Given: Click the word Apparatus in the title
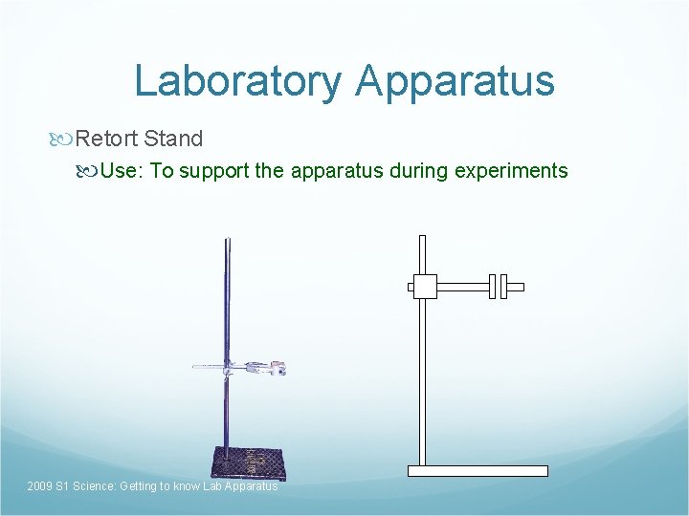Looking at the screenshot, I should (455, 81).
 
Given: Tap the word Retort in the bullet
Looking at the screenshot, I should (107, 139).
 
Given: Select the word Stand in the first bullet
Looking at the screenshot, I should (173, 139).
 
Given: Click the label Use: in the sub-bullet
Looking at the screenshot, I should (122, 171).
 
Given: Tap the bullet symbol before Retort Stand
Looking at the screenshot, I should (63, 139).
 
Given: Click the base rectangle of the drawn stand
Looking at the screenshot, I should (478, 471).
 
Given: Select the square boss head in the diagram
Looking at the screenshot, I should (423, 286).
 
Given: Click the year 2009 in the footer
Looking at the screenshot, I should (40, 487).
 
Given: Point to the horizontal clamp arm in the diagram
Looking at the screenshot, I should (462, 286).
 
